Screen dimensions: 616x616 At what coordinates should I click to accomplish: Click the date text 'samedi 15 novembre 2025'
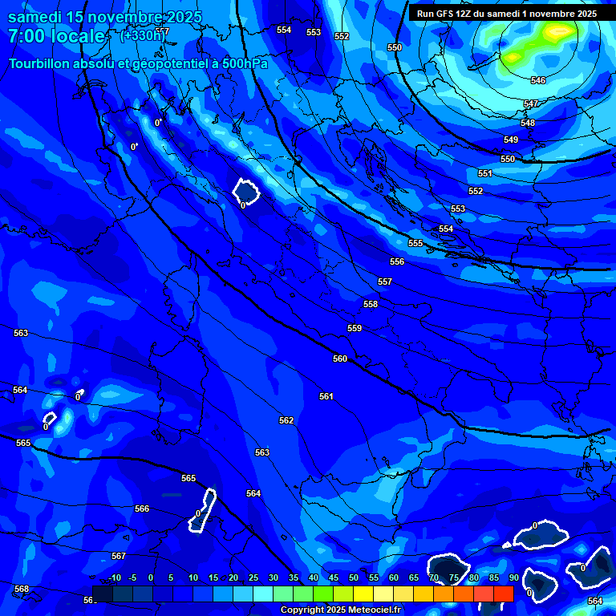click(105, 17)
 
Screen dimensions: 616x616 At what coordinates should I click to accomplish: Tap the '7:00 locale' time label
click(56, 36)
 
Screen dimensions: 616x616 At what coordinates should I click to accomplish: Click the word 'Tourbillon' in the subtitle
click(40, 63)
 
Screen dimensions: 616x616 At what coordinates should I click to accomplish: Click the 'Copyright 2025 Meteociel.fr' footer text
click(340, 610)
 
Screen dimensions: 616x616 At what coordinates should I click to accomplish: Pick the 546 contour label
click(538, 81)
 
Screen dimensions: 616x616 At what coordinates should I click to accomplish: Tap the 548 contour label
click(528, 123)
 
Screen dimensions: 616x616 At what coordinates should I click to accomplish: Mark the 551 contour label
click(485, 173)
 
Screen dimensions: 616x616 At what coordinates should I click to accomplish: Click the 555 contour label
click(415, 243)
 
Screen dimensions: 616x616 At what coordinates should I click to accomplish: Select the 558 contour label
click(370, 304)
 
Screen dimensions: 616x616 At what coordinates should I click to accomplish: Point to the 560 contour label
click(340, 359)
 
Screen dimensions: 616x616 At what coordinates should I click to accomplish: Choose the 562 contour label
click(286, 420)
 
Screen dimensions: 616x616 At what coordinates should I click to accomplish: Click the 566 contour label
click(142, 509)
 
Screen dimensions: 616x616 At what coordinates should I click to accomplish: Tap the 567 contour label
click(119, 556)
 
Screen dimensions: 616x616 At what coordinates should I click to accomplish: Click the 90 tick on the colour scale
click(513, 578)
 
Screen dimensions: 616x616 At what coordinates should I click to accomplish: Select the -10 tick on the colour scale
click(114, 578)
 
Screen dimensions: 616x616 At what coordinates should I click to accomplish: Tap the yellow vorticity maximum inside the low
click(557, 32)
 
